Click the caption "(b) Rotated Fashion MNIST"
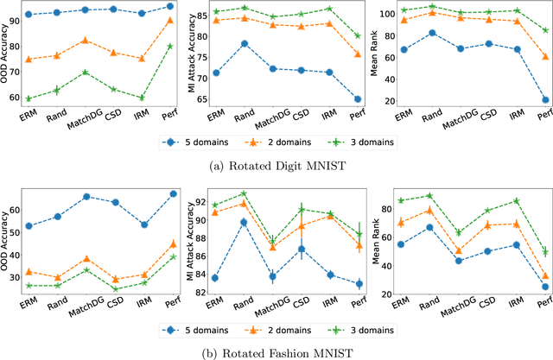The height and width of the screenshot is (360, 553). (x=276, y=352)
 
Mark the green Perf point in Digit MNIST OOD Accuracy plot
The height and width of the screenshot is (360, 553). (x=169, y=46)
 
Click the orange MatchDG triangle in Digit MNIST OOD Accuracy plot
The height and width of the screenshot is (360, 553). (x=85, y=40)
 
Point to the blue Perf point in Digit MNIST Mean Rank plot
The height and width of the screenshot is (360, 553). (x=545, y=100)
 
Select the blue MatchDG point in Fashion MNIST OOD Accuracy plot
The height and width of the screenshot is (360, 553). (x=85, y=197)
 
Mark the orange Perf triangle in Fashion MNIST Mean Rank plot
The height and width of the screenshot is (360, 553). (x=545, y=277)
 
